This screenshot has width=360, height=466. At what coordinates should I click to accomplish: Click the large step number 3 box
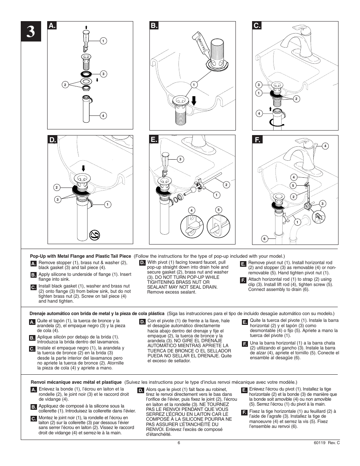(x=31, y=32)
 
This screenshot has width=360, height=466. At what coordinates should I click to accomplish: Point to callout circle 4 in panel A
(x=103, y=115)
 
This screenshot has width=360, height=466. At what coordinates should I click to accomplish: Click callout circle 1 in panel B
(x=194, y=85)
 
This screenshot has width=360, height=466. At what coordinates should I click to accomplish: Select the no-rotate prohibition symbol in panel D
(x=94, y=235)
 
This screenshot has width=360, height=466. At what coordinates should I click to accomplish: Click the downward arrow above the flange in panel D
(x=83, y=168)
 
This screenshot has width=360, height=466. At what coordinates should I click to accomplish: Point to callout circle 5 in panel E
(x=218, y=210)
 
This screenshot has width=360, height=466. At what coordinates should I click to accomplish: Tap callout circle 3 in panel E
(x=180, y=159)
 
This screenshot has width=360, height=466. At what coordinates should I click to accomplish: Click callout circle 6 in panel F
(x=265, y=238)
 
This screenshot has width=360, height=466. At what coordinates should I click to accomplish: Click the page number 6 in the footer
(x=179, y=443)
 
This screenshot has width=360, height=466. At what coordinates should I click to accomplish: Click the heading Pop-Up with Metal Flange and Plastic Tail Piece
(x=80, y=256)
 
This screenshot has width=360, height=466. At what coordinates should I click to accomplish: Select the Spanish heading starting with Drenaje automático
(x=97, y=314)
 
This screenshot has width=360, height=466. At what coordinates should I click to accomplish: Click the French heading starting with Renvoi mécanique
(x=75, y=382)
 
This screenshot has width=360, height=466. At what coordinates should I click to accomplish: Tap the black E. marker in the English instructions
(x=243, y=264)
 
